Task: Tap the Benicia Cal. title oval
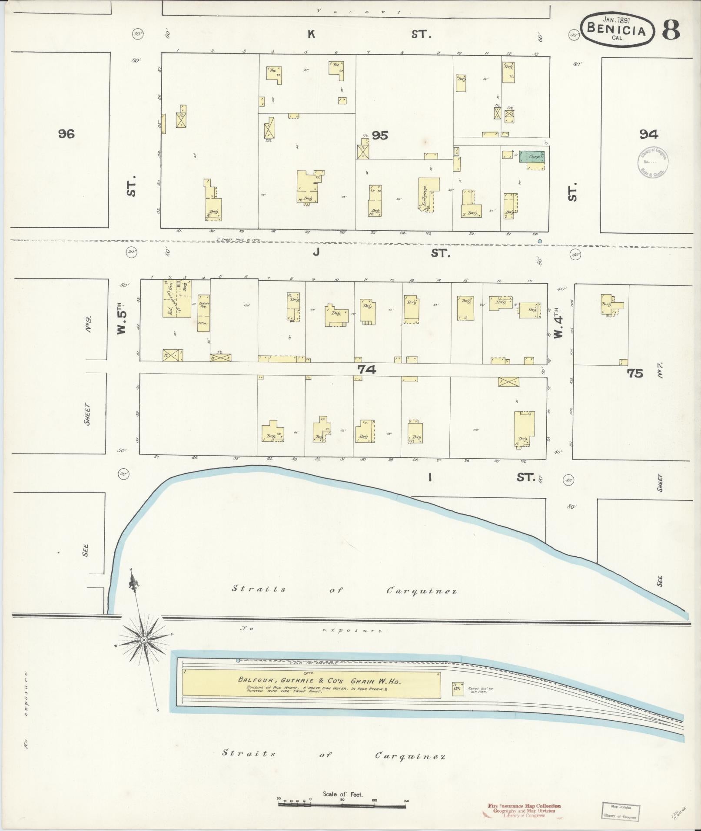617,28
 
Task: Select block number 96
66,133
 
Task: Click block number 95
379,136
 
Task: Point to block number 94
648,135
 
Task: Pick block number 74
366,369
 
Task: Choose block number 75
635,373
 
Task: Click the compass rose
143,640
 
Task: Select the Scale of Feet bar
342,805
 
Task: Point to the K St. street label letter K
311,34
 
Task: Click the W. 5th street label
122,318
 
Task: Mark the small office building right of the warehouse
457,689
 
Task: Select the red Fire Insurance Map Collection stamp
524,811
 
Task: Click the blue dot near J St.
540,241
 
